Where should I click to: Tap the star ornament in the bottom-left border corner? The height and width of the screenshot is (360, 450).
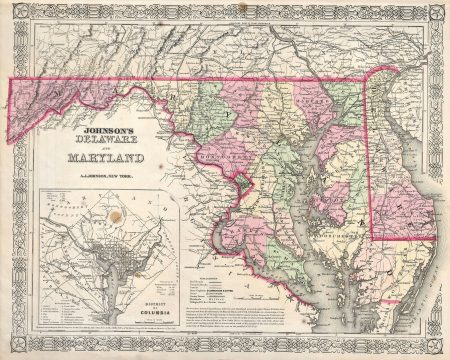tap(13, 345)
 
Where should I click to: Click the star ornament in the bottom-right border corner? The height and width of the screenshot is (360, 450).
tap(437, 345)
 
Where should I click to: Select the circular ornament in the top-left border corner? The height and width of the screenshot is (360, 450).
tap(13, 15)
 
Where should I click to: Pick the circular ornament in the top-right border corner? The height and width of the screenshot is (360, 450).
tap(437, 15)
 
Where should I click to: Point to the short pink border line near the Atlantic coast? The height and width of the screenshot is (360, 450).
tap(405, 238)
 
